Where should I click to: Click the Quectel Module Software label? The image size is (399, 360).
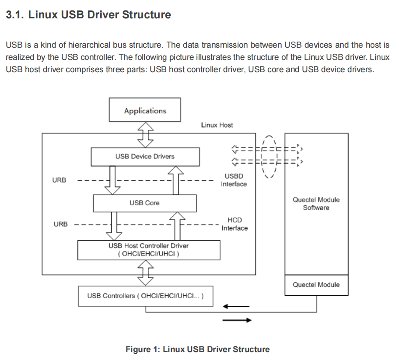(x=316, y=203)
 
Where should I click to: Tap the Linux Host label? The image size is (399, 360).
(x=217, y=125)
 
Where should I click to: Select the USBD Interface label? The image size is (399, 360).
(x=234, y=180)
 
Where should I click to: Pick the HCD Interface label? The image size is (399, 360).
(x=234, y=224)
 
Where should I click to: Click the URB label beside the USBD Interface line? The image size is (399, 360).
(x=59, y=180)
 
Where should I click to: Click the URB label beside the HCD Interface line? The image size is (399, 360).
(x=60, y=224)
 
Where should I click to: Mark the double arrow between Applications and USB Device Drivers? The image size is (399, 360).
(x=145, y=135)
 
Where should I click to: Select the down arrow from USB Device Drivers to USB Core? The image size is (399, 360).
(x=112, y=180)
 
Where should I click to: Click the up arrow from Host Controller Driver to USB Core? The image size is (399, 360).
(x=177, y=226)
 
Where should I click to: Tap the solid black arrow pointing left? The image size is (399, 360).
(x=236, y=307)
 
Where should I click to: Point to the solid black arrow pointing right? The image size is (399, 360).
(x=237, y=320)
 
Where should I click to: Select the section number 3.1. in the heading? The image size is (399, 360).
(x=15, y=15)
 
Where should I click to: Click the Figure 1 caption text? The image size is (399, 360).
(x=198, y=350)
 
